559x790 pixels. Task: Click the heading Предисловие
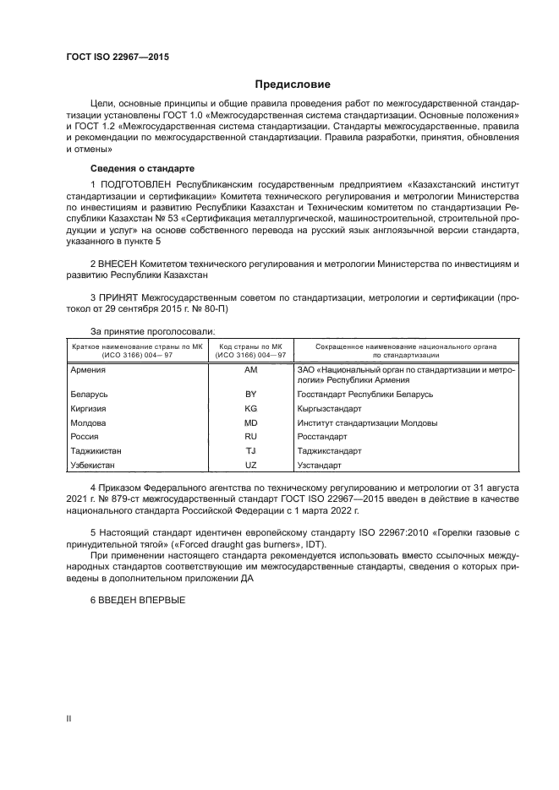tap(293, 84)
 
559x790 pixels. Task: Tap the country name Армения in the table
tap(88, 370)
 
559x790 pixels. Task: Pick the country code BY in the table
tap(250, 395)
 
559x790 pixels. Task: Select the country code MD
tap(250, 422)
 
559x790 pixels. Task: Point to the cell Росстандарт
tap(322, 437)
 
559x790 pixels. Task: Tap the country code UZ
tap(250, 466)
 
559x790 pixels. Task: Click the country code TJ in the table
tap(250, 451)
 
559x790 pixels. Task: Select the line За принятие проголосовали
tap(152, 331)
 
